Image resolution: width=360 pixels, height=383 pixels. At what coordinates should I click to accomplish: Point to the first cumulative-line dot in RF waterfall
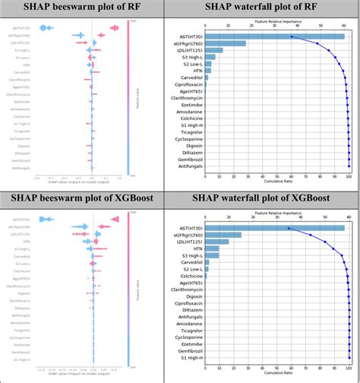point(292,36)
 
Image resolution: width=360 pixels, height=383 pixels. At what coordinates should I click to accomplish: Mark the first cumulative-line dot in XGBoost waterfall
point(289,228)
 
